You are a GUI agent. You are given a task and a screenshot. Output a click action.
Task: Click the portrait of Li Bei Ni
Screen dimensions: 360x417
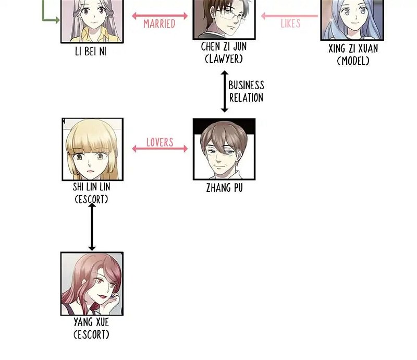click(92, 21)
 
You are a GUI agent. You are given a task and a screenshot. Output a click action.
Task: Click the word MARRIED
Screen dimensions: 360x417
click(159, 23)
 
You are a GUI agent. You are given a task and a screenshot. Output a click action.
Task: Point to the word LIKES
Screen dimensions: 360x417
click(290, 23)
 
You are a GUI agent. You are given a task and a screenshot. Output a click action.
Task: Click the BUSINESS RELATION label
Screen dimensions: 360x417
click(247, 91)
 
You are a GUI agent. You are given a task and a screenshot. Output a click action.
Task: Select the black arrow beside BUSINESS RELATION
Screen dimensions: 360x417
click(225, 91)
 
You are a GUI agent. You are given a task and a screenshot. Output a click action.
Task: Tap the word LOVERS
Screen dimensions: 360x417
click(160, 142)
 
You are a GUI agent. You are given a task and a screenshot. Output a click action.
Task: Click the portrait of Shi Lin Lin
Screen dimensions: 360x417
click(93, 149)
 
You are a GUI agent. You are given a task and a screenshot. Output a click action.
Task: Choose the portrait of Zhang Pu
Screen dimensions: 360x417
click(224, 149)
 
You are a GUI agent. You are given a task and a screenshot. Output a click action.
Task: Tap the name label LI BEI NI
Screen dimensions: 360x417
click(91, 52)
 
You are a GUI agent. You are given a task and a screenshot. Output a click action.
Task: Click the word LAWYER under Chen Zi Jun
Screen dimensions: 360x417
click(224, 59)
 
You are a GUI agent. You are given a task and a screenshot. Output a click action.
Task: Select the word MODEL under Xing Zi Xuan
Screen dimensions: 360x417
click(353, 61)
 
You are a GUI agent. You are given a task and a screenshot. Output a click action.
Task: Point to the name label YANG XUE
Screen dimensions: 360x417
click(91, 322)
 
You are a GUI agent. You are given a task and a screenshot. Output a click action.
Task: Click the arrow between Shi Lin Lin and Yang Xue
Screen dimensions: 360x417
click(92, 227)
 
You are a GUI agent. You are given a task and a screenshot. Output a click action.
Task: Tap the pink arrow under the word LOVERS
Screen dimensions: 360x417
click(160, 149)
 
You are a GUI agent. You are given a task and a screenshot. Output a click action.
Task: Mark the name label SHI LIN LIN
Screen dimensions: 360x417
click(92, 187)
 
